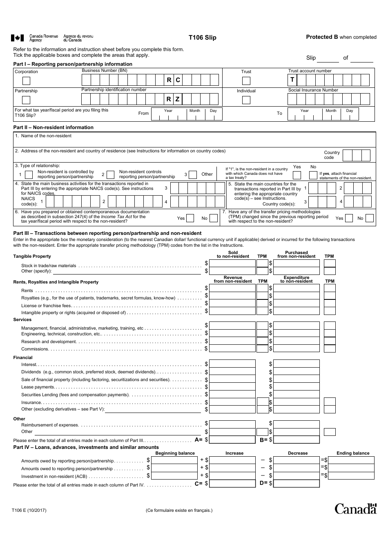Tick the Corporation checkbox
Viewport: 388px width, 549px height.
tap(26, 81)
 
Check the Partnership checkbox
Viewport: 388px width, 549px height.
tap(26, 100)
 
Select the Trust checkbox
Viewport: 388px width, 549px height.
tap(246, 81)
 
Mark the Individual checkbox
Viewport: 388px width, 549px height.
tap(246, 100)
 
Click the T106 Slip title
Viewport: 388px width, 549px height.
tap(202, 38)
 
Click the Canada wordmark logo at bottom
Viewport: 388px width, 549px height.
tap(355, 509)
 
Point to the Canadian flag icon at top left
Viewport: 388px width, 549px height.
tap(17, 38)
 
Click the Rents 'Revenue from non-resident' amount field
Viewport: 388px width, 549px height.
tap(232, 288)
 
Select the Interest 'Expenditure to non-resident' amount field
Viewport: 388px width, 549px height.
tap(296, 364)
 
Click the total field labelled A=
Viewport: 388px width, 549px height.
tap(232, 440)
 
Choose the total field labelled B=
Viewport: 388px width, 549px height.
tap(296, 440)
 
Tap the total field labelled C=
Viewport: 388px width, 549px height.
tap(232, 484)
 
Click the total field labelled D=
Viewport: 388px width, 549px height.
tap(296, 484)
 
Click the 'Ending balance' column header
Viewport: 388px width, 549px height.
tap(352, 453)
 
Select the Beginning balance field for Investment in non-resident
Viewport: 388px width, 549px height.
tap(174, 476)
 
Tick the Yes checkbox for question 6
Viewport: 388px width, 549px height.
tap(190, 218)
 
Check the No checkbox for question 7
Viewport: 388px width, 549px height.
tap(369, 218)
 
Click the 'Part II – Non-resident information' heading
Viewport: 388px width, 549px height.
tap(54, 127)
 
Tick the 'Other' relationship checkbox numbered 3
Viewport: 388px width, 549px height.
tap(193, 174)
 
